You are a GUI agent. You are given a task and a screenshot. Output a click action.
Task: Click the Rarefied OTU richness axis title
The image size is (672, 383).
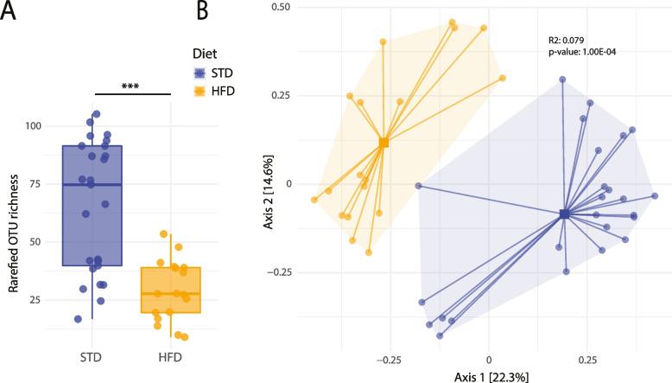[x=11, y=212]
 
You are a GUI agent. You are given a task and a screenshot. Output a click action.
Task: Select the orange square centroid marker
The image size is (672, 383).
[x=384, y=143]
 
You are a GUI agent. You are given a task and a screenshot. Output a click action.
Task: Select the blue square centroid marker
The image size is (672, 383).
[x=564, y=214]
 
